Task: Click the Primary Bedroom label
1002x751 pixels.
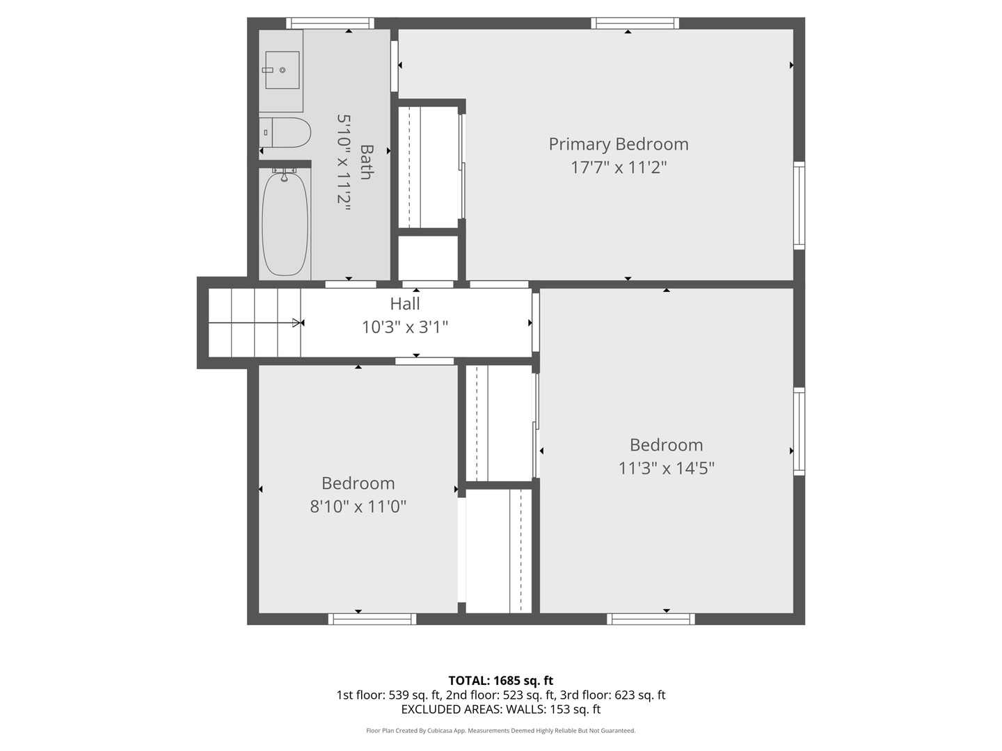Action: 618,144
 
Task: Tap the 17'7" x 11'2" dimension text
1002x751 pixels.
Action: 619,168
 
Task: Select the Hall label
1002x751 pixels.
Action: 405,304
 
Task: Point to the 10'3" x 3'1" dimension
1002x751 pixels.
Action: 405,327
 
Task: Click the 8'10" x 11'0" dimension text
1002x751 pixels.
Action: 358,506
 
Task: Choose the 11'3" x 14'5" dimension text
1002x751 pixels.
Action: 666,468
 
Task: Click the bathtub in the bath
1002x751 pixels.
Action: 285,223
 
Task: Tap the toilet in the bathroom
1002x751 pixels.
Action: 285,133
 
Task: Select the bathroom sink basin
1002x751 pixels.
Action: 282,70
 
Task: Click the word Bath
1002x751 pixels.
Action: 367,162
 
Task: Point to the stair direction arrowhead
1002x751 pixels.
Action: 298,323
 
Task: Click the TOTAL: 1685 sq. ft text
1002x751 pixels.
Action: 501,681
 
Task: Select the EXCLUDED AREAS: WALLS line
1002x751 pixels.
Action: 501,709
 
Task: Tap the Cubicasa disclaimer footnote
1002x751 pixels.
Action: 501,731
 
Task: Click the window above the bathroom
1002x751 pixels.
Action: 330,23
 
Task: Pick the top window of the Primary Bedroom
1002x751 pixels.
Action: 635,23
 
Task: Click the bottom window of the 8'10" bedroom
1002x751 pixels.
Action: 372,619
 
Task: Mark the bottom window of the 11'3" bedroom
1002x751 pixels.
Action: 651,619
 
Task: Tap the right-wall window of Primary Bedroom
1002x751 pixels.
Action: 799,205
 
